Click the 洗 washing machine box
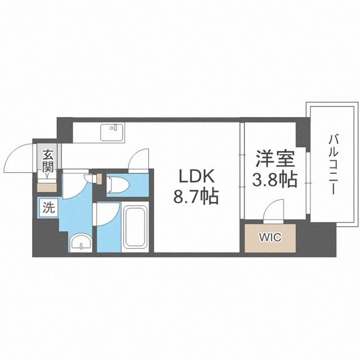48,206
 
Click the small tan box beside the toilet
100,180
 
